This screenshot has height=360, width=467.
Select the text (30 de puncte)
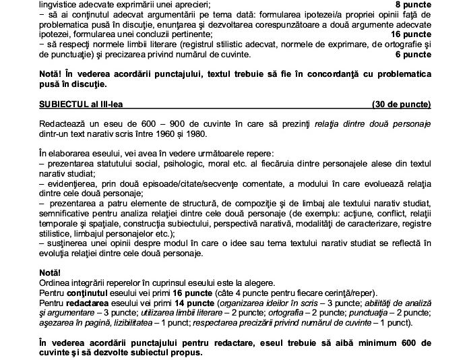pos(401,104)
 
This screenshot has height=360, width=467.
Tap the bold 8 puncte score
pos(411,4)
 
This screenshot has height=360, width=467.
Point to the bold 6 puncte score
pos(411,55)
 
